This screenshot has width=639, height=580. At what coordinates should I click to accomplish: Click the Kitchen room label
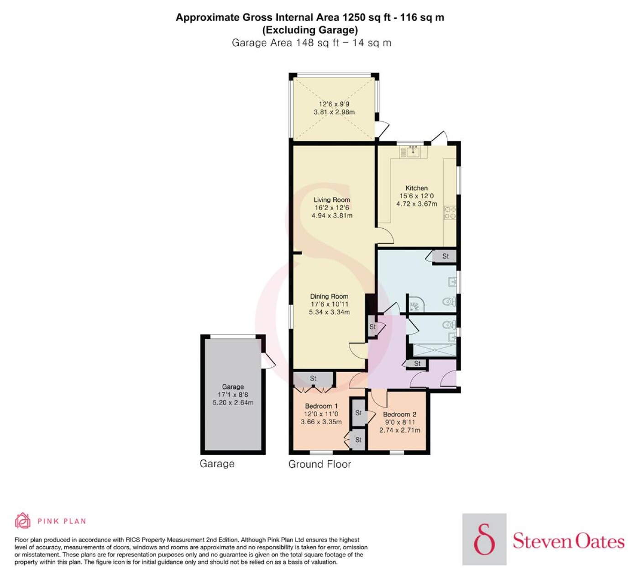coord(416,188)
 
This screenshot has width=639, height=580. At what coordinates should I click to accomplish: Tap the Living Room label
coord(332,200)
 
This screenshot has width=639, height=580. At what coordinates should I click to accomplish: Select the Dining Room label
coord(329,296)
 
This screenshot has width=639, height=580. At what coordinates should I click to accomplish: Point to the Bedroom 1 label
coord(321,406)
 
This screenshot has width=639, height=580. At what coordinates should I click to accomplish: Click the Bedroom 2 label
coord(399,415)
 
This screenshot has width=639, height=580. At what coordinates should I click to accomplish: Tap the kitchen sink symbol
coord(414,151)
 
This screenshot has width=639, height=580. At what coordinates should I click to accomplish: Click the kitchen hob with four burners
coord(450,213)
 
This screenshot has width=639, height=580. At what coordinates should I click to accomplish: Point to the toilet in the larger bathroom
coord(449,301)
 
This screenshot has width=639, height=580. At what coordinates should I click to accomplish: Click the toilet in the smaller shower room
coord(450,325)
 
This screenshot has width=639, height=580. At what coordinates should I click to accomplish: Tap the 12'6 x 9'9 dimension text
coord(334,104)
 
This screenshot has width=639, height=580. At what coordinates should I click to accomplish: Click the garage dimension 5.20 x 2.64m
coord(233,403)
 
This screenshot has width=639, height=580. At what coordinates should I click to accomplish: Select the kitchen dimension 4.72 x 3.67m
coord(417,204)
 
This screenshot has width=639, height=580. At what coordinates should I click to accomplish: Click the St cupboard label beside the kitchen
coord(445,256)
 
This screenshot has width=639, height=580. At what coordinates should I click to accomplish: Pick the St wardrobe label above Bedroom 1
coord(313,379)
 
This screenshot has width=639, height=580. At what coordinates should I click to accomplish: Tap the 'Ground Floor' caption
coord(319,464)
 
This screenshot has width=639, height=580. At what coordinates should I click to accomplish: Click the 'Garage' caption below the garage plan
coord(217,464)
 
